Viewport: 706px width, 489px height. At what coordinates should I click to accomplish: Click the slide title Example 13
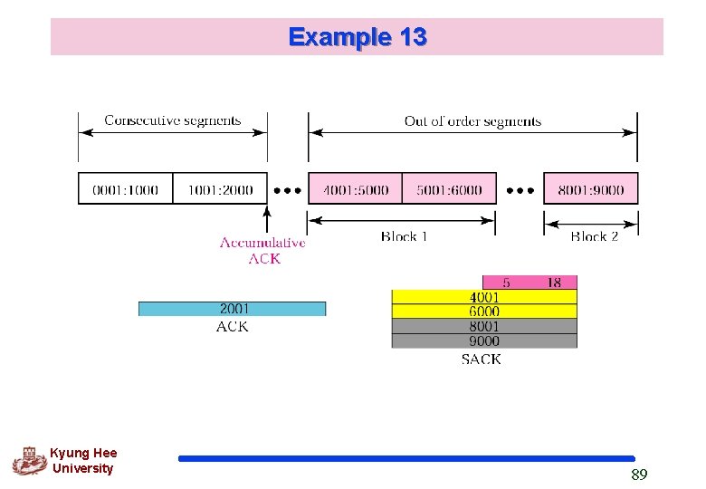click(358, 37)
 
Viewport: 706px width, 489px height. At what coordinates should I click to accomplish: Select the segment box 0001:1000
click(125, 189)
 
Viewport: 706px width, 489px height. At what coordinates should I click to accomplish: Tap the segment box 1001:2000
click(220, 189)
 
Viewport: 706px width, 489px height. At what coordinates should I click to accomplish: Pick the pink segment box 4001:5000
click(355, 189)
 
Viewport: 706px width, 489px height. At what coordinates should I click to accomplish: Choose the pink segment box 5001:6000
click(449, 189)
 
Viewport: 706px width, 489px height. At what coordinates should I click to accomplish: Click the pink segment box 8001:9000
click(590, 189)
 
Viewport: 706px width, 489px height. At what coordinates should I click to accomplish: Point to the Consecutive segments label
click(172, 120)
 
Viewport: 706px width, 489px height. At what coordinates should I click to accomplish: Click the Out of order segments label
click(472, 120)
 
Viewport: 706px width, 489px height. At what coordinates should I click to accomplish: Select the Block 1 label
click(404, 236)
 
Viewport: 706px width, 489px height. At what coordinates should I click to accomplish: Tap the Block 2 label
click(594, 236)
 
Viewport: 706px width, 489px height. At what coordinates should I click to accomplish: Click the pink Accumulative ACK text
click(262, 250)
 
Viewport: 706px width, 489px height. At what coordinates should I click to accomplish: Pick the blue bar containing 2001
click(232, 309)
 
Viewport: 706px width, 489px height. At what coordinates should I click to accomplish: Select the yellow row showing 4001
click(483, 297)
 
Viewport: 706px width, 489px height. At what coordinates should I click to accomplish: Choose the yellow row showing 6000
click(483, 312)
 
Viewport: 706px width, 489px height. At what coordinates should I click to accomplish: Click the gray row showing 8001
click(483, 326)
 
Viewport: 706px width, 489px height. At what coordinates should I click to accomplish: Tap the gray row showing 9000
click(483, 340)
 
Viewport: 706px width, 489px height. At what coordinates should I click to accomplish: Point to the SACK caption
click(481, 360)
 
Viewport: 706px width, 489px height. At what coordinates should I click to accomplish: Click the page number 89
click(639, 475)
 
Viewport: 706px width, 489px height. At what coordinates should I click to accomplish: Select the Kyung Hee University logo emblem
click(29, 461)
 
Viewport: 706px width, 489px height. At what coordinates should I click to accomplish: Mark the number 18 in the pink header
click(553, 283)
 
